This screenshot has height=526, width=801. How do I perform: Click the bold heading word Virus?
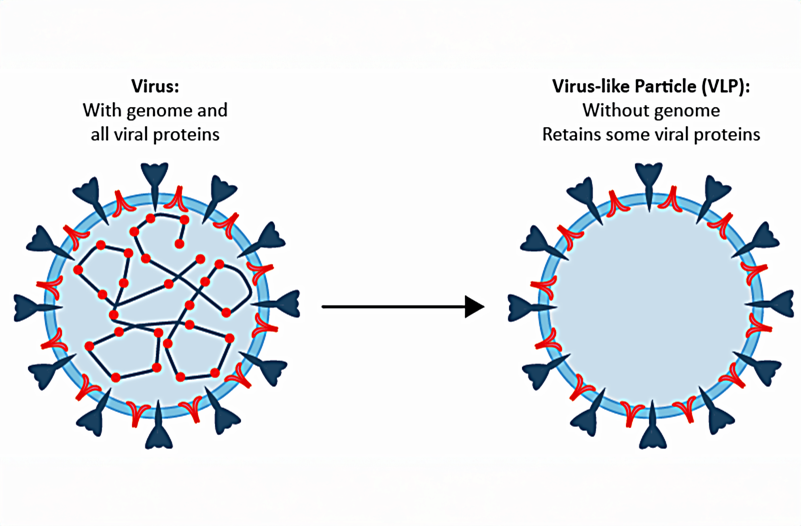155,86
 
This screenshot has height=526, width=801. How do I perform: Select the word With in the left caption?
102,110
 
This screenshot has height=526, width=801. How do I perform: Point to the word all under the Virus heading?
100,134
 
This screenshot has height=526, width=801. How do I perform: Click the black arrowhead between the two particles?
474,307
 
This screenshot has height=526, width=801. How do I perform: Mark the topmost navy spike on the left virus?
155,176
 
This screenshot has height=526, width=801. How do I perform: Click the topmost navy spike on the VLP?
648,176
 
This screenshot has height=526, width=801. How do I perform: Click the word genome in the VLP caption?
693,110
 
